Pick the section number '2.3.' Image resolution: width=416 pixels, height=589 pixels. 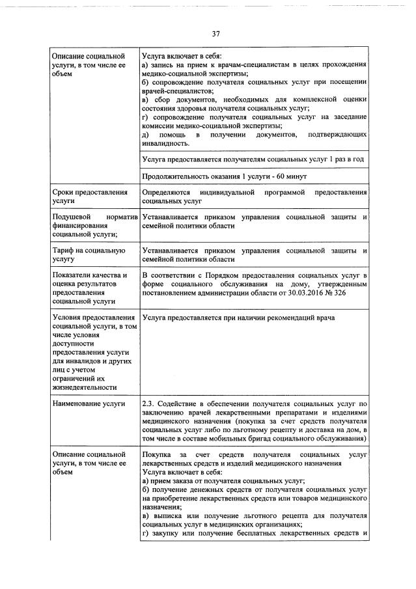pos(150,404)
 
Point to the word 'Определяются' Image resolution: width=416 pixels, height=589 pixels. pos(165,193)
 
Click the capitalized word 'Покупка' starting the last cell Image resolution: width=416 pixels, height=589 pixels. pos(157,453)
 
